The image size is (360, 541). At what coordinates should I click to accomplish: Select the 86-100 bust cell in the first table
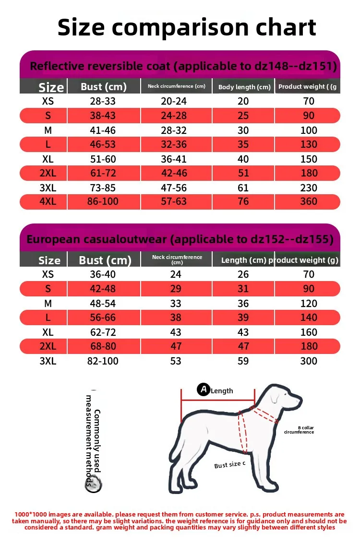tap(103, 201)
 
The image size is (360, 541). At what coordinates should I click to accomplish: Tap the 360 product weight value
tap(309, 201)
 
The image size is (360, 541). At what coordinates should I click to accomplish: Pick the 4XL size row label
tap(48, 201)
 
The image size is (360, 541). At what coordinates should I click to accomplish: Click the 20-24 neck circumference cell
tap(174, 101)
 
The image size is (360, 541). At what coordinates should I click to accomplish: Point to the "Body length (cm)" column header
tap(244, 87)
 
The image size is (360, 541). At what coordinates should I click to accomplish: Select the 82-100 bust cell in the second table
tap(103, 361)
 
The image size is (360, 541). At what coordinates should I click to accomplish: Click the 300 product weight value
tap(309, 361)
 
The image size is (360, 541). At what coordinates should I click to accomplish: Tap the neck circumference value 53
tap(176, 361)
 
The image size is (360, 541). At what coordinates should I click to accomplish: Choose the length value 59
tap(243, 361)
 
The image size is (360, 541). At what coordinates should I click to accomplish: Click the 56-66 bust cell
tap(103, 318)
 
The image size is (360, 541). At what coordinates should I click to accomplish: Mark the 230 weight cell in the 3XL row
tap(309, 188)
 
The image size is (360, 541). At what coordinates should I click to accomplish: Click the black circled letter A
tap(204, 389)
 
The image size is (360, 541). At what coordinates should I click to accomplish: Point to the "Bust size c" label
tap(229, 464)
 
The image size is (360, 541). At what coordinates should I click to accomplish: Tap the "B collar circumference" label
tap(299, 430)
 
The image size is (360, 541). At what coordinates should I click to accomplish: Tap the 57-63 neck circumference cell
tap(174, 201)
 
